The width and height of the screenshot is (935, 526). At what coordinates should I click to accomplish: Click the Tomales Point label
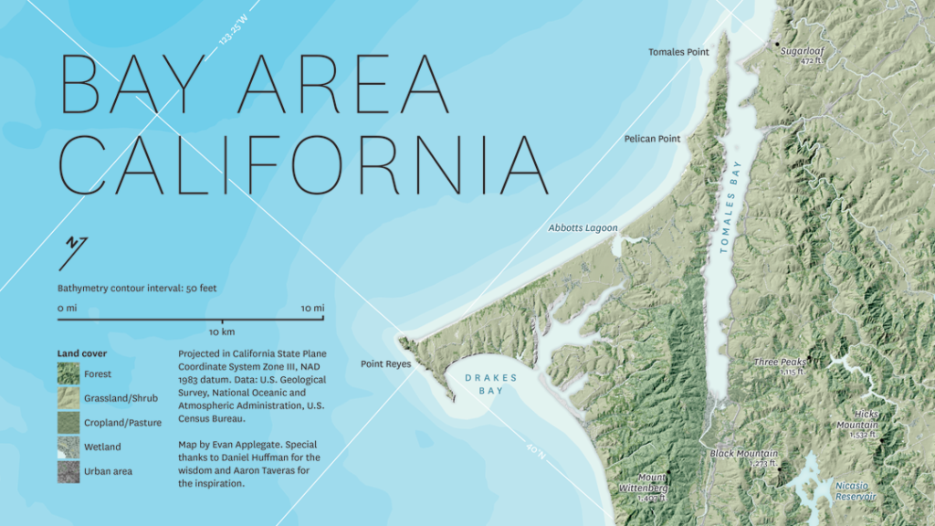coord(678,52)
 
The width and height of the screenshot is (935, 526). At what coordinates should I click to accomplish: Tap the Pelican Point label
coord(652,139)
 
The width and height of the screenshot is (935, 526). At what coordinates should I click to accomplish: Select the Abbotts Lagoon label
coord(583,227)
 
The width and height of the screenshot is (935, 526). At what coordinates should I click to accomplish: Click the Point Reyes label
coord(385,363)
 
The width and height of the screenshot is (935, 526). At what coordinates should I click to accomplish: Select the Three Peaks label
coord(779,363)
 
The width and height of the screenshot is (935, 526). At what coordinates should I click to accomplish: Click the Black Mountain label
coord(744,453)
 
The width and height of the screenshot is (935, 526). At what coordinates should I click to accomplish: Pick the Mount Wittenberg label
coord(653,483)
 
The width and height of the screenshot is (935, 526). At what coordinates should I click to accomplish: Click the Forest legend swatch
coord(68,373)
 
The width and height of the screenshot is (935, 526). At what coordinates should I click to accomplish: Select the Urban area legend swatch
coord(68,470)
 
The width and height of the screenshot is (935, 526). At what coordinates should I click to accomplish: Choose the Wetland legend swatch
coord(68,447)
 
